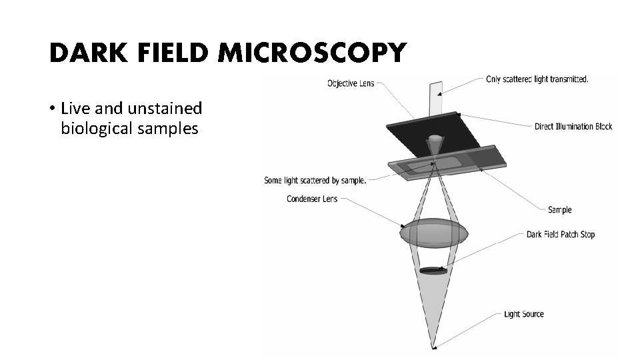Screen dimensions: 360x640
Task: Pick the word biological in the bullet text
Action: pos(97,128)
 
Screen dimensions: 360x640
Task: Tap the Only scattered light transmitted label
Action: pos(538,79)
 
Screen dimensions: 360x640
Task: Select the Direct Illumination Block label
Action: pos(573,126)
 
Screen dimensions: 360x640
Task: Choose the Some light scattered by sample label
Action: pos(315,180)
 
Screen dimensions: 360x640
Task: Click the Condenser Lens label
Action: pos(312,199)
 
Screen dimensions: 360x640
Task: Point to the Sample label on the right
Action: pos(559,210)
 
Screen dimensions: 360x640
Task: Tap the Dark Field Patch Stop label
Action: pos(560,234)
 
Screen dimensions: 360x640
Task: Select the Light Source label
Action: pos(523,314)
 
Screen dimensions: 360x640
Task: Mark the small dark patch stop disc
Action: pos(434,270)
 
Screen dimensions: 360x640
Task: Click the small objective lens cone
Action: pos(434,144)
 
